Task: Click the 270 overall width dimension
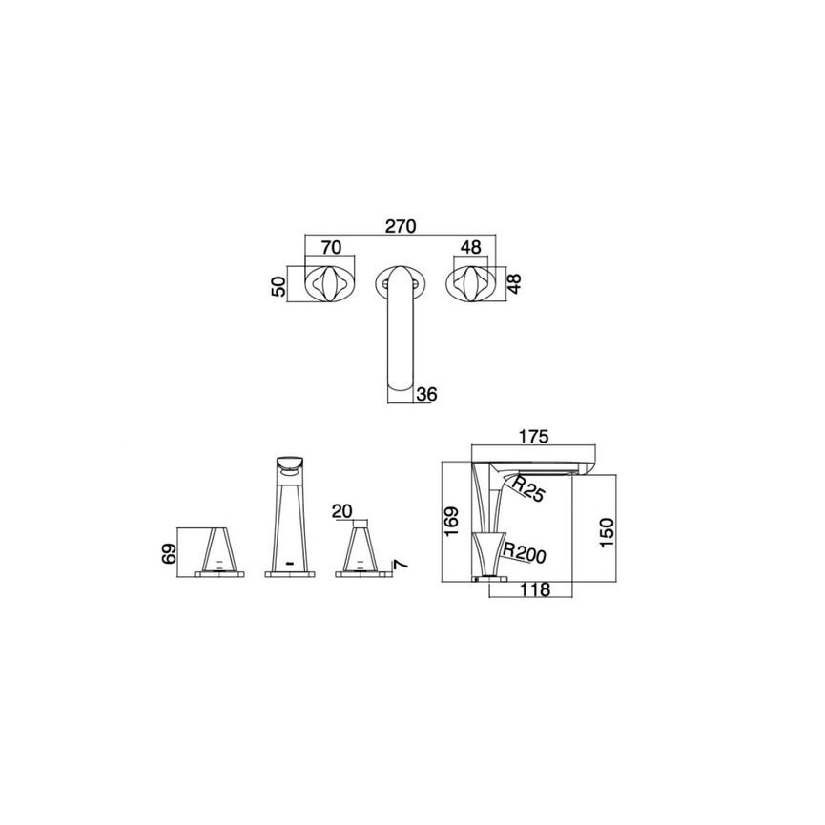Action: point(401,226)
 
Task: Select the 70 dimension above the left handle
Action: point(331,247)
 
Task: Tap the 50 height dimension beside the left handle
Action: point(278,286)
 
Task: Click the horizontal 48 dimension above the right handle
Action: point(470,247)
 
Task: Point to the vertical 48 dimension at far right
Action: point(514,283)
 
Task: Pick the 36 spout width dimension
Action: point(426,394)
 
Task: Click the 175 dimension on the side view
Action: point(533,436)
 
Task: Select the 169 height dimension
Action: point(452,521)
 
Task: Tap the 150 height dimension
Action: point(607,532)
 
